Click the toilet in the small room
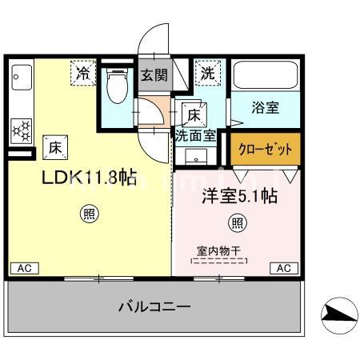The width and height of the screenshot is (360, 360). [x=118, y=87]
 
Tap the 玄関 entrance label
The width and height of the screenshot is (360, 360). [x=154, y=77]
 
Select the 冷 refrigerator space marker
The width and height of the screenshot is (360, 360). [x=83, y=72]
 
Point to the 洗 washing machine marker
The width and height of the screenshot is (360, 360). [x=207, y=72]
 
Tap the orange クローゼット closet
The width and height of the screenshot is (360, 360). [x=266, y=148]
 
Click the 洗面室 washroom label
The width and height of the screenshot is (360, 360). [x=195, y=134]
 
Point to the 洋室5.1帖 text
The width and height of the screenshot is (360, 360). [x=238, y=194]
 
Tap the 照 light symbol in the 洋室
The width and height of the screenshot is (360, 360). [x=238, y=222]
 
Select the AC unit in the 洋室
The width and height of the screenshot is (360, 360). [x=283, y=268]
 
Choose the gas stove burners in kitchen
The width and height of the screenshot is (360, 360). [x=21, y=129]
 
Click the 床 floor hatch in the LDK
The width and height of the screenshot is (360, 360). [x=54, y=146]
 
